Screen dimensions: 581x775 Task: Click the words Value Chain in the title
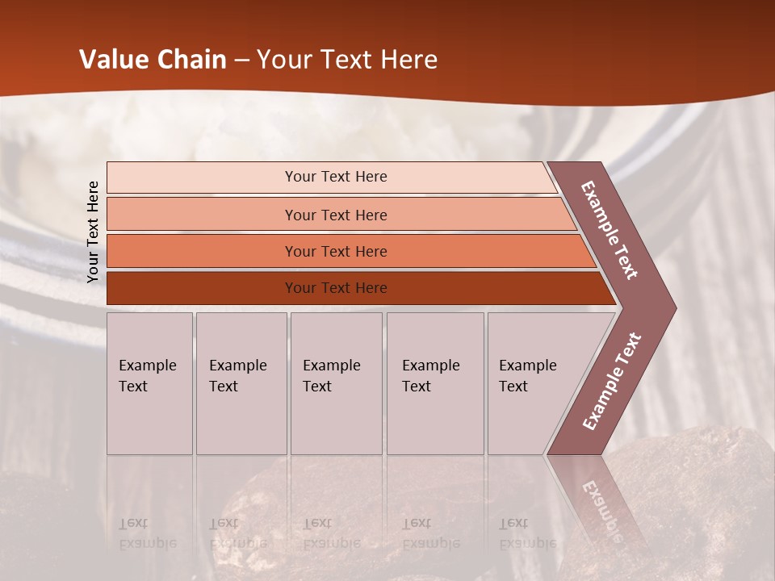[x=153, y=60]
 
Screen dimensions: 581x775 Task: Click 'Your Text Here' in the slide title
[x=347, y=60]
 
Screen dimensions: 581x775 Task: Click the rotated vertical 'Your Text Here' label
[x=93, y=232]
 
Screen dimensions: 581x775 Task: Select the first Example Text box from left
[x=149, y=383]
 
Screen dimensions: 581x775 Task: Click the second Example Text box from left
[x=241, y=383]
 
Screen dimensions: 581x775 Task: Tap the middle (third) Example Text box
[x=335, y=383]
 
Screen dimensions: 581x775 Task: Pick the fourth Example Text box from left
[x=434, y=383]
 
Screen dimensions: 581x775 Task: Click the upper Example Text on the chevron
[x=610, y=230]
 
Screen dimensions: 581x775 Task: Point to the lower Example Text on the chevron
[x=612, y=382]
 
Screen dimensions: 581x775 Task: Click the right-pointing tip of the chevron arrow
[x=672, y=307]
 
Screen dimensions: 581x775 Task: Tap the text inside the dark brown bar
[x=336, y=288]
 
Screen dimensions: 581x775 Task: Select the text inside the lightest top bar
[x=336, y=177]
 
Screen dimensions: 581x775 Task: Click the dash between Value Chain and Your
[x=241, y=61]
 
